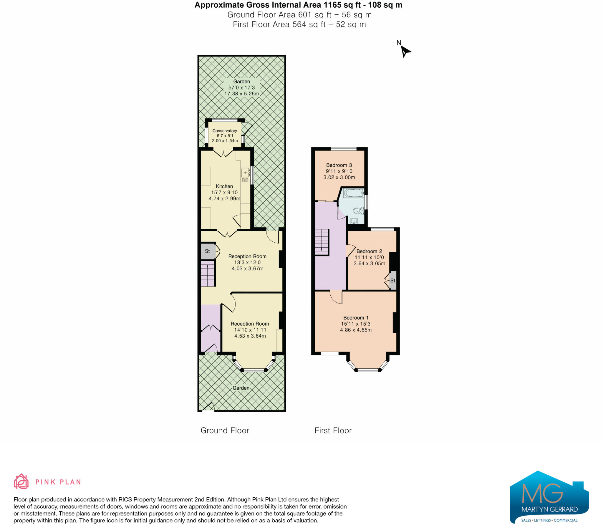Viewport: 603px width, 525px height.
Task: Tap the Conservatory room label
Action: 225,131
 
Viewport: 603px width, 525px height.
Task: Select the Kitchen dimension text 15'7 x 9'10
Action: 224,192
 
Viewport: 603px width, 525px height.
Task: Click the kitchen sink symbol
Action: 245,172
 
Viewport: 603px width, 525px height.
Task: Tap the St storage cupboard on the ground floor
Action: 208,251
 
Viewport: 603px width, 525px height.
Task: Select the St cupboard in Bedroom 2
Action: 393,281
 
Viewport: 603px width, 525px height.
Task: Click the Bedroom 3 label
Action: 339,165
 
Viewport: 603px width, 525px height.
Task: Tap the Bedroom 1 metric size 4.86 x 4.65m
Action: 356,330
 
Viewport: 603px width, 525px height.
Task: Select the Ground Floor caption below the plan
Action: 225,430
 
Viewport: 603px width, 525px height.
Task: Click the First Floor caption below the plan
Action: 333,430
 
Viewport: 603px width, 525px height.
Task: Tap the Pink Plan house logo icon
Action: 21,481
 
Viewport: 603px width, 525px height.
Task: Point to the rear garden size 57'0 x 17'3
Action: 241,87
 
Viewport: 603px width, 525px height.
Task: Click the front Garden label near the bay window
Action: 241,388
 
